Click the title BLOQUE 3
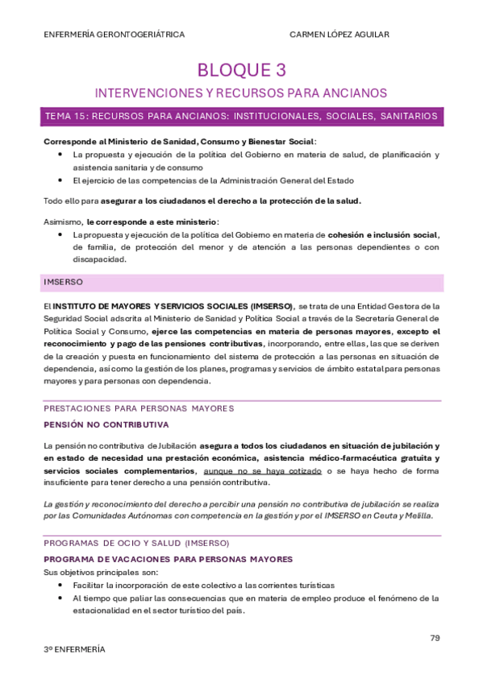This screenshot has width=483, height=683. [241, 70]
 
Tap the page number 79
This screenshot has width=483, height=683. [435, 638]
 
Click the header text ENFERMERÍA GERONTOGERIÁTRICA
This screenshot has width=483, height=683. [114, 35]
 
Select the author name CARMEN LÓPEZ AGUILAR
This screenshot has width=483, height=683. [340, 35]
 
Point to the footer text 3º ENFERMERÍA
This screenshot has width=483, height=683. [74, 649]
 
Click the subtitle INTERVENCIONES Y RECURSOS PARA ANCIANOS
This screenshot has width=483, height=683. [241, 93]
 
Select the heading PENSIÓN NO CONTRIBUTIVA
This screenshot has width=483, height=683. [106, 424]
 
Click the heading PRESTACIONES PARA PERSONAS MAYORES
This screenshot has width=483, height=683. [139, 408]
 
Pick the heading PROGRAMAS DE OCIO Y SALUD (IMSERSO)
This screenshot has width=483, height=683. [136, 543]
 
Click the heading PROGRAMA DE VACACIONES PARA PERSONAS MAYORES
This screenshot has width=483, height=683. [168, 559]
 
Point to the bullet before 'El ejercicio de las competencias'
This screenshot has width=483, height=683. [62, 180]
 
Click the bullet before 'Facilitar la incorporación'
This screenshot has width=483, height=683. [62, 586]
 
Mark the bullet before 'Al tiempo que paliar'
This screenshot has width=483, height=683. [62, 598]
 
